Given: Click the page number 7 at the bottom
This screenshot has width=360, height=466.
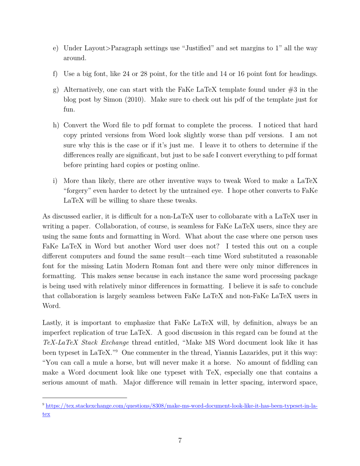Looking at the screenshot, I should pos(180,441).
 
